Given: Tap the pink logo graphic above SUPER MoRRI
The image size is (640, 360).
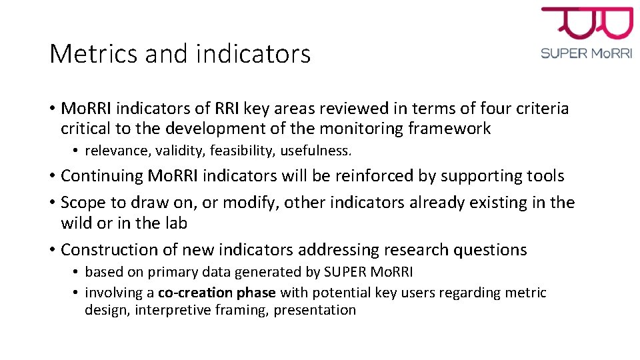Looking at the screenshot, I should [587, 23].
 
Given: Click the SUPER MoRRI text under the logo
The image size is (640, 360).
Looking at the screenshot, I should [587, 53].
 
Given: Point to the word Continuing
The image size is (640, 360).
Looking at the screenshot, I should [101, 176].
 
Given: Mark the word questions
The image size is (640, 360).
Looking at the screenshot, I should [490, 250].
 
